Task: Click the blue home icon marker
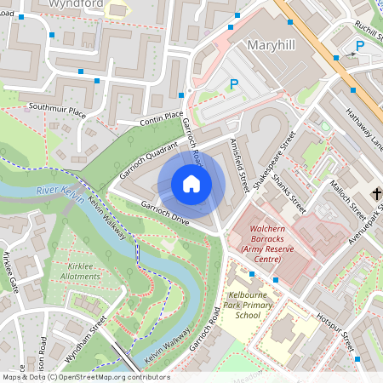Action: click(x=191, y=184)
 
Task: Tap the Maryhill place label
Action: click(x=275, y=43)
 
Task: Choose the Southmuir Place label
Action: click(x=57, y=110)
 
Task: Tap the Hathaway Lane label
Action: click(x=364, y=129)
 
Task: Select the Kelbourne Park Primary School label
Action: click(x=247, y=304)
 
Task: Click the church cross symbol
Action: click(x=377, y=196)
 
